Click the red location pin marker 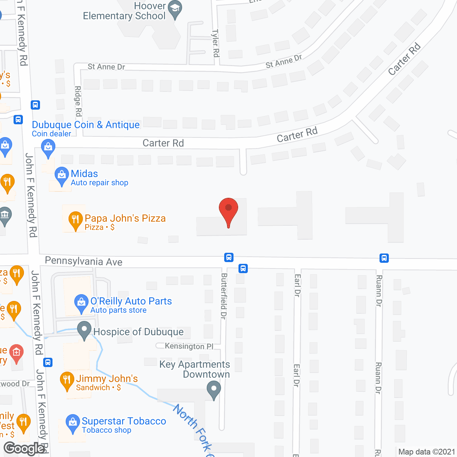click(228, 211)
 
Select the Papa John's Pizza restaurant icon click(75, 220)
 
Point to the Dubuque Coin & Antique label click(86, 125)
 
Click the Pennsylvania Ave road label click(84, 261)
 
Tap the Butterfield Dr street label click(224, 296)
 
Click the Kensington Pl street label click(189, 346)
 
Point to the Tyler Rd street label click(216, 43)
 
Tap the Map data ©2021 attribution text click(427, 452)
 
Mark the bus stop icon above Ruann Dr click(384, 258)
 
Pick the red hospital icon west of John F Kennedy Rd click(16, 353)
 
